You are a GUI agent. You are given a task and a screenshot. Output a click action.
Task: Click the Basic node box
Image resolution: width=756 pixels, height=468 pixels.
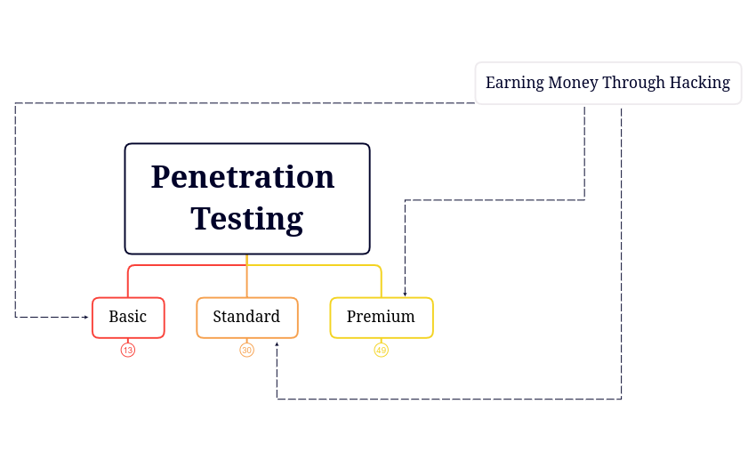tap(128, 318)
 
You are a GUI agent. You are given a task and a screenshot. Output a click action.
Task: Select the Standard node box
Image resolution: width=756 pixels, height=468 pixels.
tap(246, 318)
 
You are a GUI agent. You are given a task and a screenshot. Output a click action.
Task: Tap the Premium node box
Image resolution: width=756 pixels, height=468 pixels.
tap(381, 318)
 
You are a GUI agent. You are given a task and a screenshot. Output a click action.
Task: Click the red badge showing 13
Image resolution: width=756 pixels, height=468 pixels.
tap(128, 351)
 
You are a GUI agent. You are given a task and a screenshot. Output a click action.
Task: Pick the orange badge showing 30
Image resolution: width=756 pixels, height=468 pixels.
tap(246, 351)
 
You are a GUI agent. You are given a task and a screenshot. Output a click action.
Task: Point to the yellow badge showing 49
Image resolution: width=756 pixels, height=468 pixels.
tap(381, 351)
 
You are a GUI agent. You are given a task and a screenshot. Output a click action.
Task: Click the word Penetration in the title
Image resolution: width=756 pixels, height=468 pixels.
tap(243, 177)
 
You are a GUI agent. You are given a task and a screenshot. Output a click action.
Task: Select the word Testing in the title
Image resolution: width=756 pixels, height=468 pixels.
tap(246, 219)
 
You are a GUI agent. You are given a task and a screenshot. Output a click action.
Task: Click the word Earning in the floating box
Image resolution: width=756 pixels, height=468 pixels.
tap(514, 84)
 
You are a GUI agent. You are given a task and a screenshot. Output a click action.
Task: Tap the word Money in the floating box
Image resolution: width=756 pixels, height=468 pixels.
tap(572, 84)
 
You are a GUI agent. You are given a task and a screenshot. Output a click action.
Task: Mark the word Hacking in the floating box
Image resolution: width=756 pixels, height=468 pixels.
tap(700, 84)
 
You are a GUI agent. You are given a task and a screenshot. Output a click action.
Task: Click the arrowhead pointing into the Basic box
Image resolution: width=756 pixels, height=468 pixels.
tap(86, 317)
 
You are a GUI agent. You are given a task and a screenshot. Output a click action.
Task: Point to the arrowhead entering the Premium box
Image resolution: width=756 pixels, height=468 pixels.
tap(405, 294)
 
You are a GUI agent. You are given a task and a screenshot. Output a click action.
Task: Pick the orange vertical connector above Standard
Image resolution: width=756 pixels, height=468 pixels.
tap(246, 283)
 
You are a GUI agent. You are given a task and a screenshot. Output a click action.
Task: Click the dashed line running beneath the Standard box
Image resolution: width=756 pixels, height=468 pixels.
tap(445, 399)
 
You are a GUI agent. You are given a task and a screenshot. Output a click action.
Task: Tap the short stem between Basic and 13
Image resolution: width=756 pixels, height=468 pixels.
tap(128, 341)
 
